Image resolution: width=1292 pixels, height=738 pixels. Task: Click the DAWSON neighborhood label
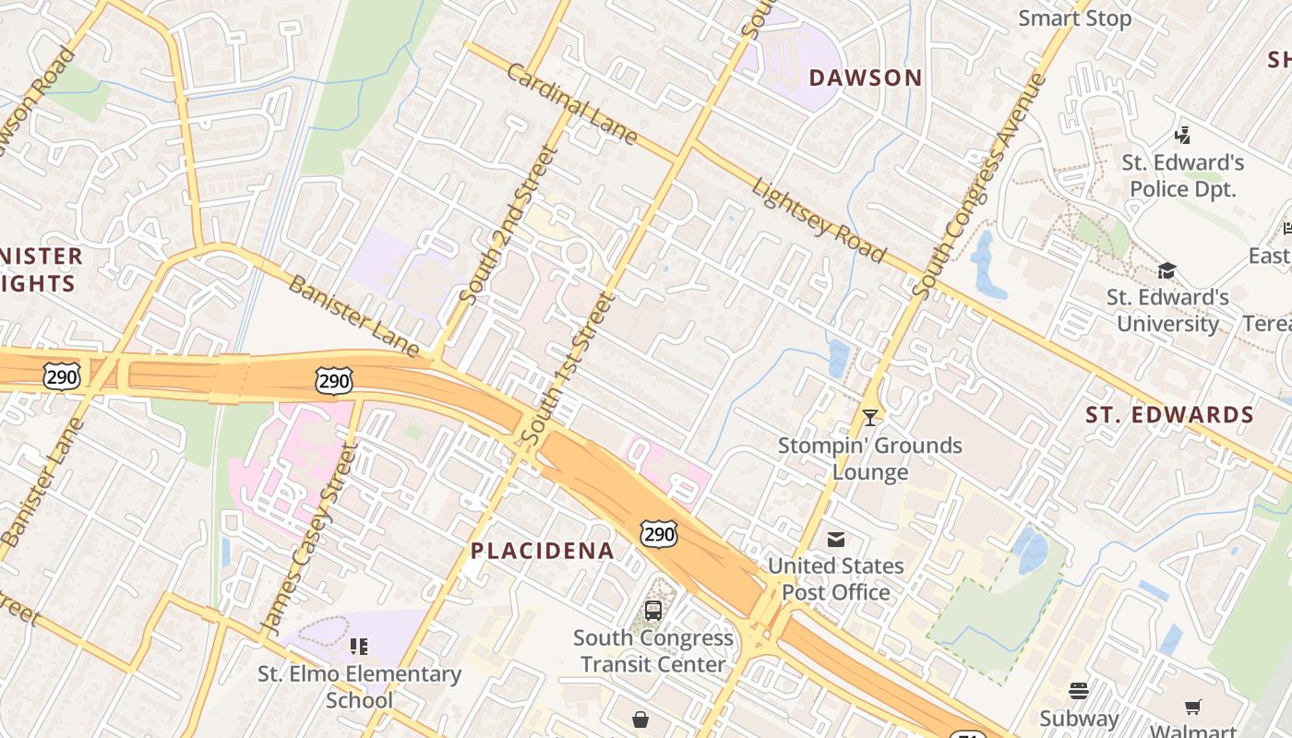coord(865,78)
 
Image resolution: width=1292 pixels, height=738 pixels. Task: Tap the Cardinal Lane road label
coord(571,104)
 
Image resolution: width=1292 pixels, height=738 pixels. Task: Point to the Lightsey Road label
coord(819,220)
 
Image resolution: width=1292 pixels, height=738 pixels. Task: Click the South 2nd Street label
coord(508,226)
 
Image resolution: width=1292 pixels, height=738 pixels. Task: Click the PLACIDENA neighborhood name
coord(542,552)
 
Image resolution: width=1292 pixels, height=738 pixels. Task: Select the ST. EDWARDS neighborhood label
coord(1169,415)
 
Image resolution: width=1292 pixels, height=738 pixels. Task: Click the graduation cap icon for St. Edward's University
coord(1166,270)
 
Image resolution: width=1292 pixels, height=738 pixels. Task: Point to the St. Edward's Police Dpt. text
coord(1182,176)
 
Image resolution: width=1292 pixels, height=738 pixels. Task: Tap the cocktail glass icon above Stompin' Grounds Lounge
coord(869,418)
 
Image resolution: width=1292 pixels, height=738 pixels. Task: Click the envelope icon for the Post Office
coord(835,539)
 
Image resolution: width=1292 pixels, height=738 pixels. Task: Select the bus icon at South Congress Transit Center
coord(652,610)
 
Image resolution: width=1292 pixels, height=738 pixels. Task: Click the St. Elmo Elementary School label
coord(359,687)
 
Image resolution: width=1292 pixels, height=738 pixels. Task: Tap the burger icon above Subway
coord(1078,691)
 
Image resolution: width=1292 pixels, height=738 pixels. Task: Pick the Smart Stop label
coord(1074,18)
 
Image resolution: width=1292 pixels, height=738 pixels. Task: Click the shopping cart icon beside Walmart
coord(1192,708)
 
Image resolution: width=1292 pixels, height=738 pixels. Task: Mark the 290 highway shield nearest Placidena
coord(659,533)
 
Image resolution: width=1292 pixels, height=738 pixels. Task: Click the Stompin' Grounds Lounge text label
coord(869,458)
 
